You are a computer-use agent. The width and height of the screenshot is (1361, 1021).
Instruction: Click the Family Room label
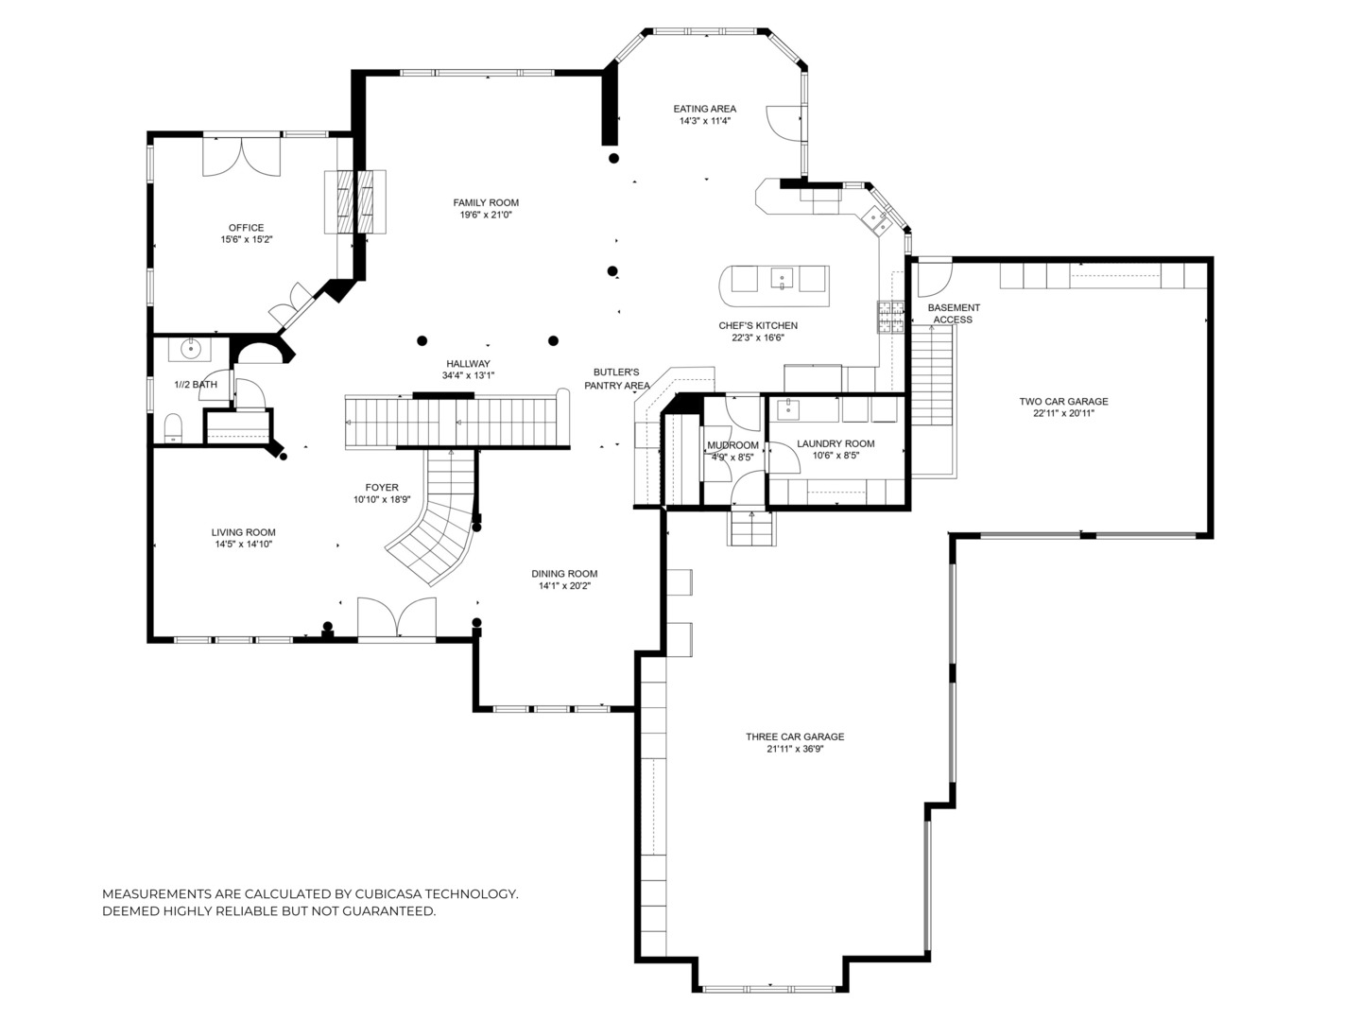point(486,202)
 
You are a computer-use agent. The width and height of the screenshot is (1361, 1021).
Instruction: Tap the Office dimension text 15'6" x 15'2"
point(246,240)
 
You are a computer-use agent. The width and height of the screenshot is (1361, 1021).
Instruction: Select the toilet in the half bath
point(173,427)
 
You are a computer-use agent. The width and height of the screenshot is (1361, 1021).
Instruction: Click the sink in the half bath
point(192,349)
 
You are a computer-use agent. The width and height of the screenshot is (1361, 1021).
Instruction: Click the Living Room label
point(243,532)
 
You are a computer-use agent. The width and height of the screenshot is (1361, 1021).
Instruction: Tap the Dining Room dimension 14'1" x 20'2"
point(564,586)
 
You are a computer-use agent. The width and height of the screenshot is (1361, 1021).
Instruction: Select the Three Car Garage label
point(794,737)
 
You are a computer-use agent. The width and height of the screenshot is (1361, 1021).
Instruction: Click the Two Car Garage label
point(1063,402)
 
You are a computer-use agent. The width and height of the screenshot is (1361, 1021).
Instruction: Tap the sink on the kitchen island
point(781,279)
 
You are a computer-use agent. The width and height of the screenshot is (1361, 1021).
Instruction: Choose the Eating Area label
point(704,109)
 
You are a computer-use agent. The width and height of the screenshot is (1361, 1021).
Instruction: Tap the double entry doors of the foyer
point(397,619)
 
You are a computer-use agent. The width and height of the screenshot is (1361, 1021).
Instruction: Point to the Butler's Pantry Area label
point(616,379)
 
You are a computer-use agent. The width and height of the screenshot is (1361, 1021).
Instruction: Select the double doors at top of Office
point(242,155)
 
